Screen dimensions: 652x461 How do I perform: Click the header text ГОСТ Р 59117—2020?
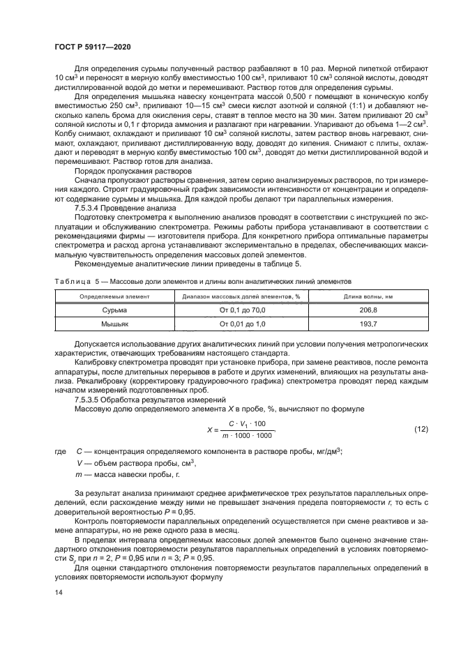[92, 46]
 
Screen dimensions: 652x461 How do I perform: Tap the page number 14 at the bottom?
[58, 592]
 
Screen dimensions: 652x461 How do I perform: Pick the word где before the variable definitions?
[59, 452]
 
